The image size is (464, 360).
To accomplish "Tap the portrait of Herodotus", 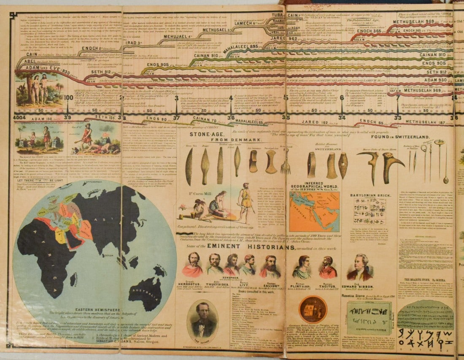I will point(193,265).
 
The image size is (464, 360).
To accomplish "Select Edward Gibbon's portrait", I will point(359,267).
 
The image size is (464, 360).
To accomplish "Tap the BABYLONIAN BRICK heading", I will point(366,196).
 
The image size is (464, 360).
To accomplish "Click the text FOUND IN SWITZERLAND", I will point(400,137).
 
